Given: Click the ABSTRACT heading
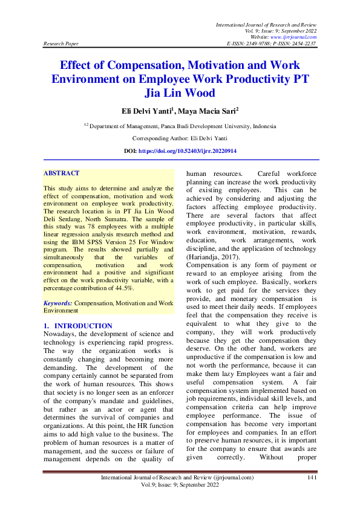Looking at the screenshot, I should tap(61, 173).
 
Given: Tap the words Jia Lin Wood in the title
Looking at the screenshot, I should tap(180, 93).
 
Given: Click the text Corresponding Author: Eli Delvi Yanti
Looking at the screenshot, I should tap(180, 138).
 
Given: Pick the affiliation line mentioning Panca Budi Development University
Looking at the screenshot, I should tap(180, 126).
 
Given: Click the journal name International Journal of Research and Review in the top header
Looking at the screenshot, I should tap(266, 24).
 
